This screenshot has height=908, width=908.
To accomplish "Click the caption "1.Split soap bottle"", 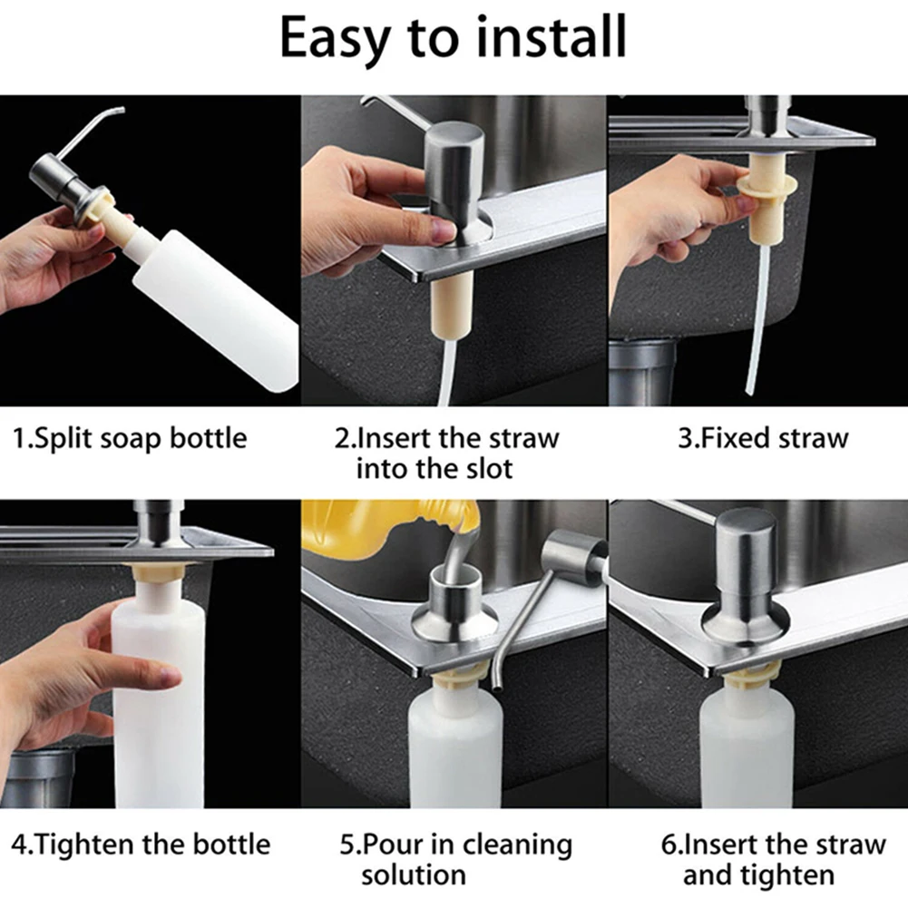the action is [130, 438].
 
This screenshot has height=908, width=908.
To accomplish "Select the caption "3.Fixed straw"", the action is [763, 438].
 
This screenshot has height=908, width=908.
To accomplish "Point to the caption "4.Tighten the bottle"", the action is [141, 844].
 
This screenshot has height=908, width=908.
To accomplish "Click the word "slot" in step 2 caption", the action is [489, 468].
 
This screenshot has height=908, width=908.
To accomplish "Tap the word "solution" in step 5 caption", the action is [414, 874].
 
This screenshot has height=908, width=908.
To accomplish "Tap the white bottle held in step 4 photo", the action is [158, 695].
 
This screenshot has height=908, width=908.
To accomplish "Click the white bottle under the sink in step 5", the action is [455, 747].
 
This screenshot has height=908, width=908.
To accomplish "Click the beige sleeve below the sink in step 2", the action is [452, 307].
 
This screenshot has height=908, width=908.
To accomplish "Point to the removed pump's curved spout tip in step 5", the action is [496, 686].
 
